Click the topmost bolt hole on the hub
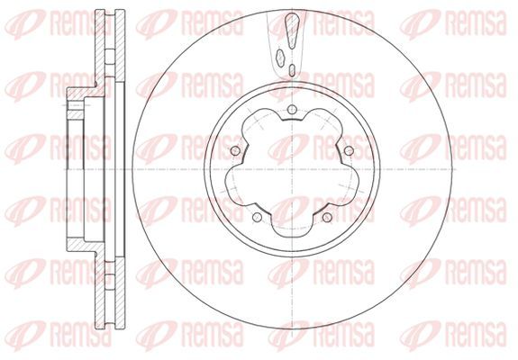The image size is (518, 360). [292, 110]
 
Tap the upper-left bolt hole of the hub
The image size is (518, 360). [235, 151]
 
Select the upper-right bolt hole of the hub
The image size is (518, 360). [349, 151]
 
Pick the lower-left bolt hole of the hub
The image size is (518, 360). [257, 217]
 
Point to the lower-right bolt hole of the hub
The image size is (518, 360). [327, 217]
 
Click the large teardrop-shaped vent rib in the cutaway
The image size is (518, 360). [292, 31]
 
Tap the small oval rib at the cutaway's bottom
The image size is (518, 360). [292, 69]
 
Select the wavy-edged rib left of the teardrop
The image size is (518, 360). [280, 58]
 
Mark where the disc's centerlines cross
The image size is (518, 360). [292, 169]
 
